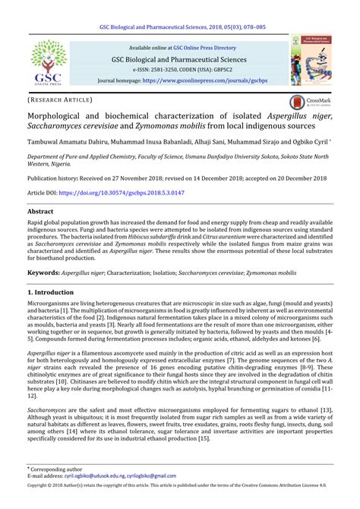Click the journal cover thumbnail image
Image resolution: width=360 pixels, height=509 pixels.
[312, 63]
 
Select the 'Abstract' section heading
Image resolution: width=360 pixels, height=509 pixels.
[40, 212]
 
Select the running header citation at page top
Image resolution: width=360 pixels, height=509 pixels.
[180, 5]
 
